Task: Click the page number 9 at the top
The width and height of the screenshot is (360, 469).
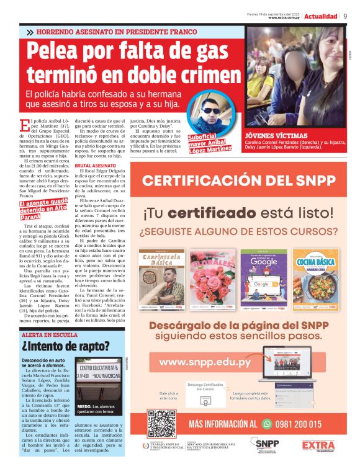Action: coord(345,16)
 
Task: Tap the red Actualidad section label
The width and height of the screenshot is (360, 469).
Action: coord(321,16)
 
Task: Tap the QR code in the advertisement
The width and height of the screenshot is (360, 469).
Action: coord(163,422)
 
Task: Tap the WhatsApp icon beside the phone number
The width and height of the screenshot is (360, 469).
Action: coord(268,424)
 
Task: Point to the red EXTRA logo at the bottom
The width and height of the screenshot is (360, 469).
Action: coord(318,445)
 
